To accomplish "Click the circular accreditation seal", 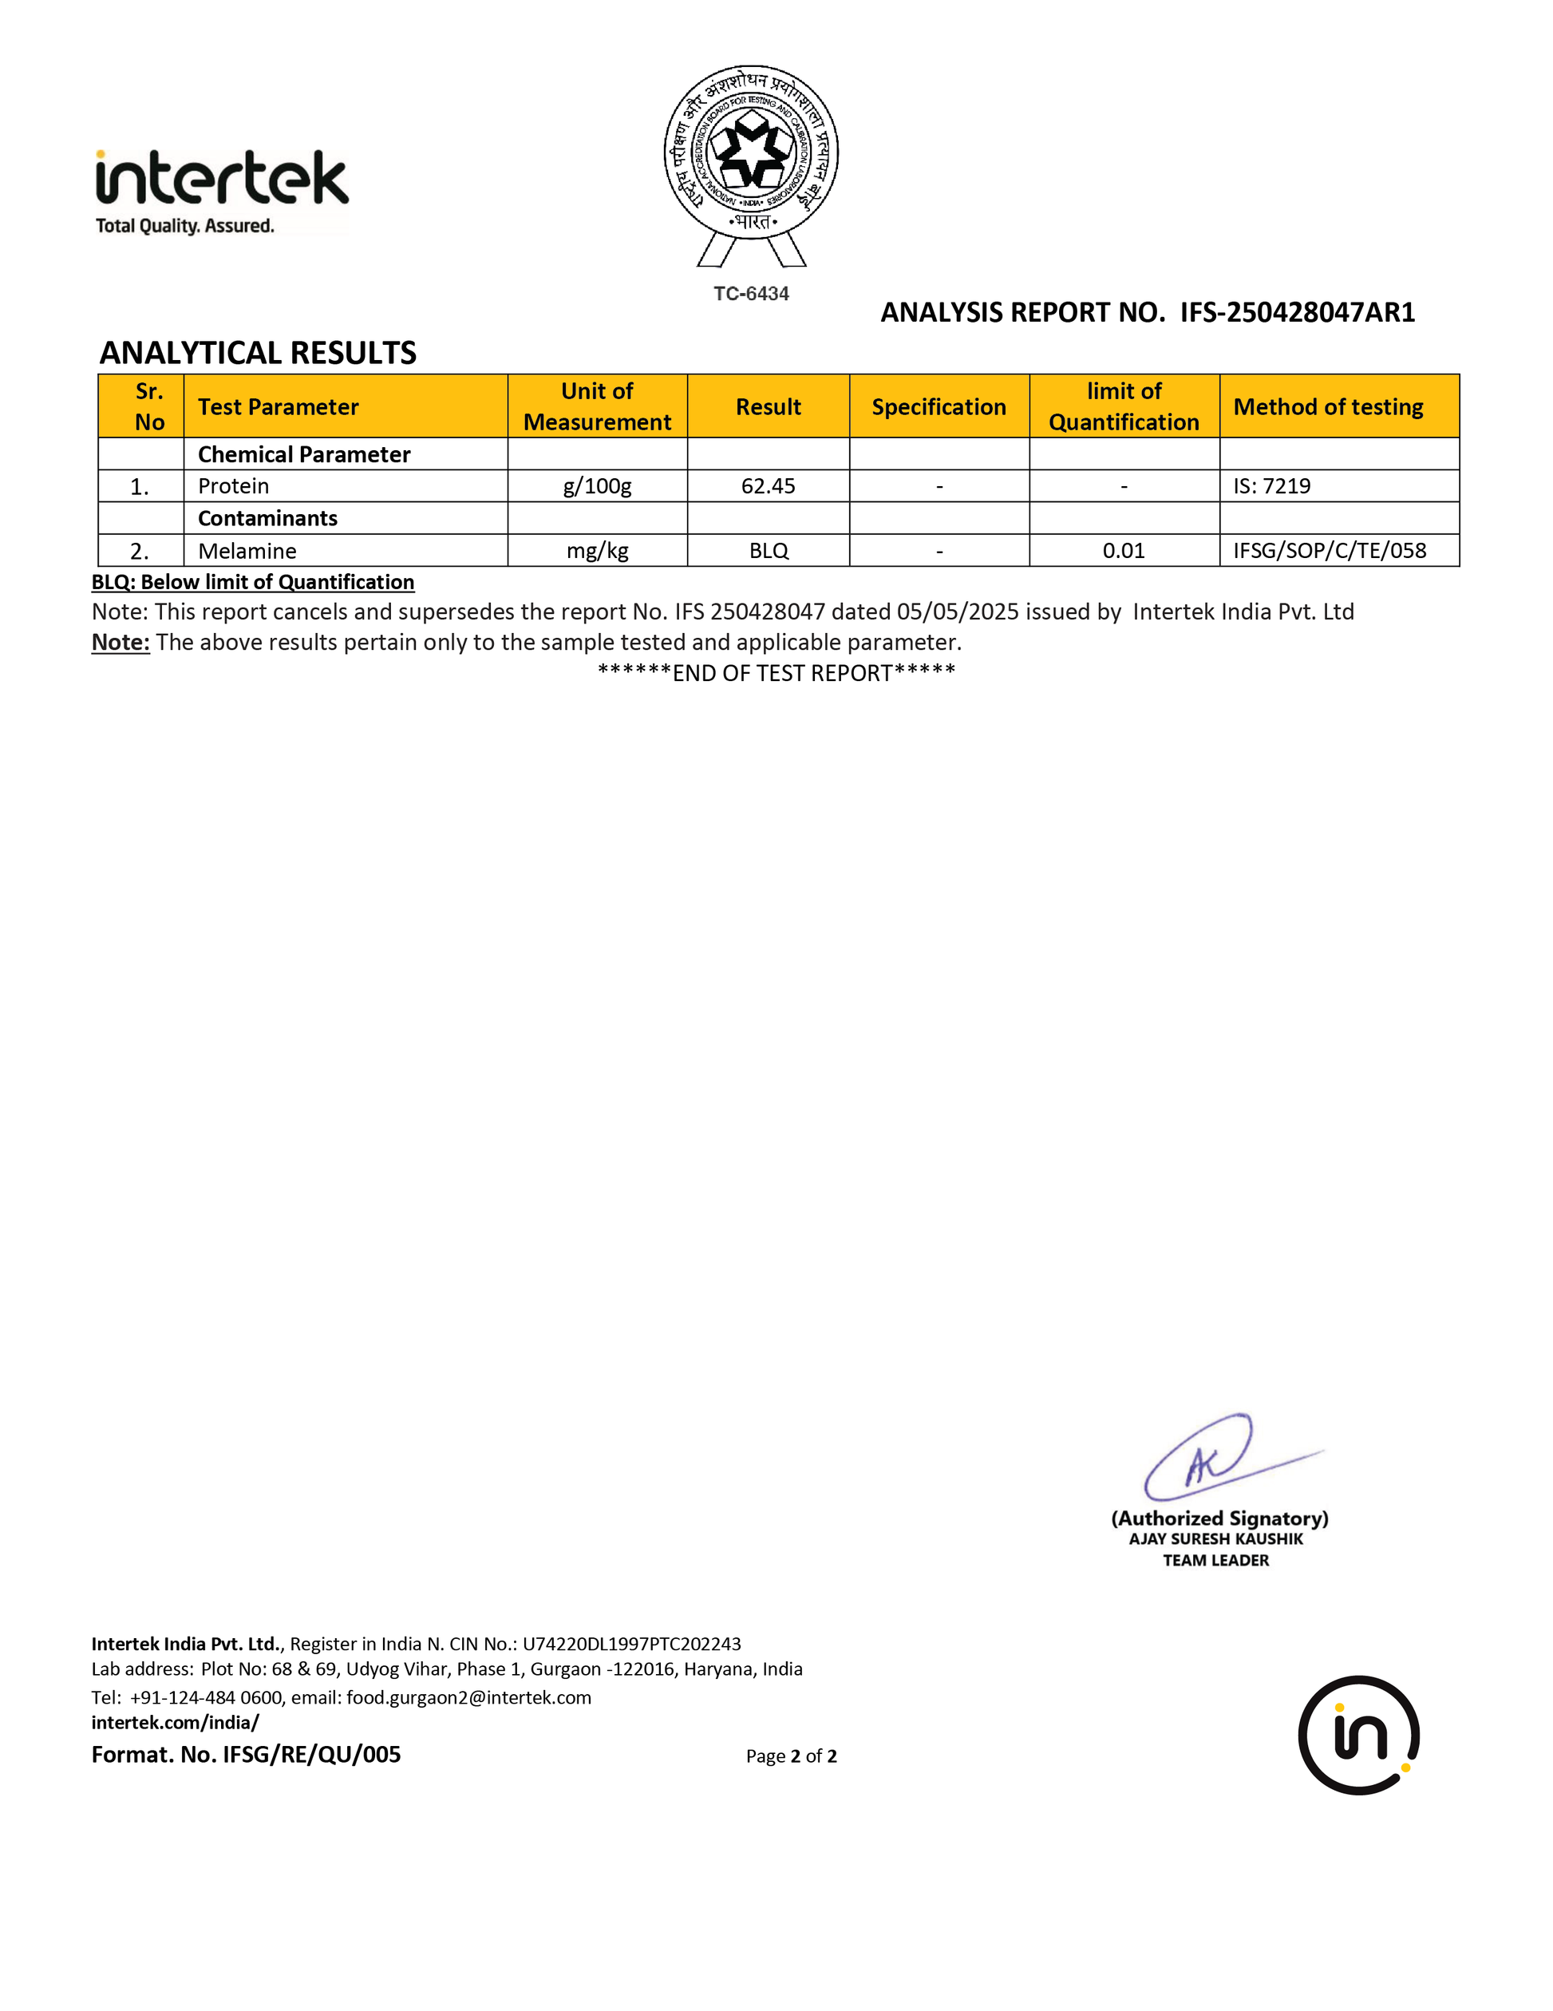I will (x=751, y=152).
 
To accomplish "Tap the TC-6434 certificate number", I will (x=751, y=294).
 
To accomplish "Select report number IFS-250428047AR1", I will (x=1297, y=313).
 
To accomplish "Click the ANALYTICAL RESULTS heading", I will (x=258, y=353).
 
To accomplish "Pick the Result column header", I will (x=768, y=407).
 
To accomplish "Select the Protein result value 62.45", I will (x=768, y=486).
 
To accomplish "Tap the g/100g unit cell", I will (x=598, y=486).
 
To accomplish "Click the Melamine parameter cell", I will (x=247, y=551).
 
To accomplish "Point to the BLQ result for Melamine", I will (x=768, y=551).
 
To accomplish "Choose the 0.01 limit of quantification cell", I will (x=1123, y=551).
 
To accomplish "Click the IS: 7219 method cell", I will (x=1271, y=486).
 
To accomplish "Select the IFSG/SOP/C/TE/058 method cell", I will (x=1330, y=551).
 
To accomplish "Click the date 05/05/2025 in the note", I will (x=958, y=612).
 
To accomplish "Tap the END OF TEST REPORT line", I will (x=776, y=673).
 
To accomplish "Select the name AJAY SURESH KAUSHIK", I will (x=1215, y=1538).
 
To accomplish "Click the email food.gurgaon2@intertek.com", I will (x=468, y=1697).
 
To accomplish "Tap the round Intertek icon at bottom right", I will (x=1357, y=1735).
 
